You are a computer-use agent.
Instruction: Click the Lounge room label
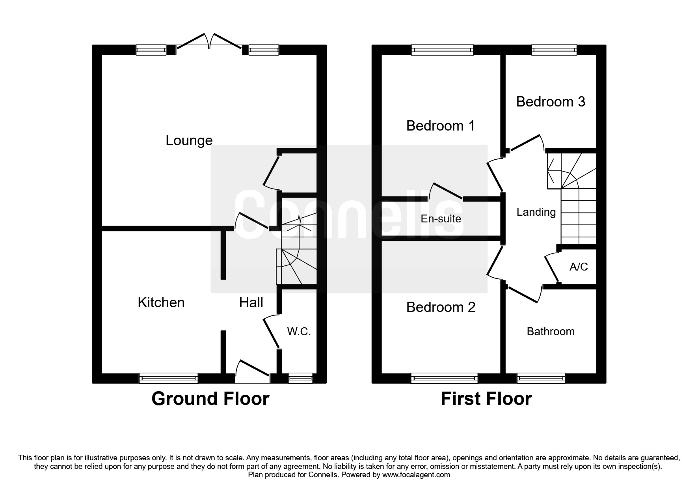pos(189,140)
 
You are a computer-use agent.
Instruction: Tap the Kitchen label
pos(161,302)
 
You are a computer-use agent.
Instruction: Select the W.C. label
pos(299,332)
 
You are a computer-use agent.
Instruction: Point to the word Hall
pos(251,302)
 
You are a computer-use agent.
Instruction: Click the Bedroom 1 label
pos(440,126)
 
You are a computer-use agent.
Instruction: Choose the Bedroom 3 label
pos(550,102)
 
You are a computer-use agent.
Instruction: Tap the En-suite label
pos(441,218)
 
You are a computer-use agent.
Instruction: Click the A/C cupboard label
pos(579,267)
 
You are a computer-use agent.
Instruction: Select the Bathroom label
pos(550,331)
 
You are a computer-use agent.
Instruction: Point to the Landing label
pos(536,212)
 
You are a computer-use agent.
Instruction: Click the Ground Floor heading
pos(210,399)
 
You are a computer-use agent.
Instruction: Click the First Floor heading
pos(486,399)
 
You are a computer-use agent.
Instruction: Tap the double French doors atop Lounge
pos(209,43)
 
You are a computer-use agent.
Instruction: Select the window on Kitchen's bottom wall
pos(168,378)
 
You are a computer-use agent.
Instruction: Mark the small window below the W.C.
pos(300,378)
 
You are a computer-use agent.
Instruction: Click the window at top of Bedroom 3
pos(554,50)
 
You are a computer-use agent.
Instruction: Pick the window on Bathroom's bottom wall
pos(541,378)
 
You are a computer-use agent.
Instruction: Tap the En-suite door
pos(446,192)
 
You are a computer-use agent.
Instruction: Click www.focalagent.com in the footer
pos(416,475)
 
